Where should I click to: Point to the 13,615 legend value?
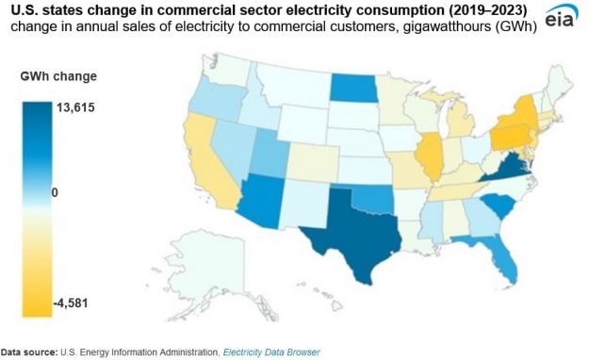[x=75, y=107]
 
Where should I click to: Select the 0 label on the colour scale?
[x=56, y=192]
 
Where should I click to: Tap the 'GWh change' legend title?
[x=57, y=75]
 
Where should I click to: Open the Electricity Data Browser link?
[x=270, y=352]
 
